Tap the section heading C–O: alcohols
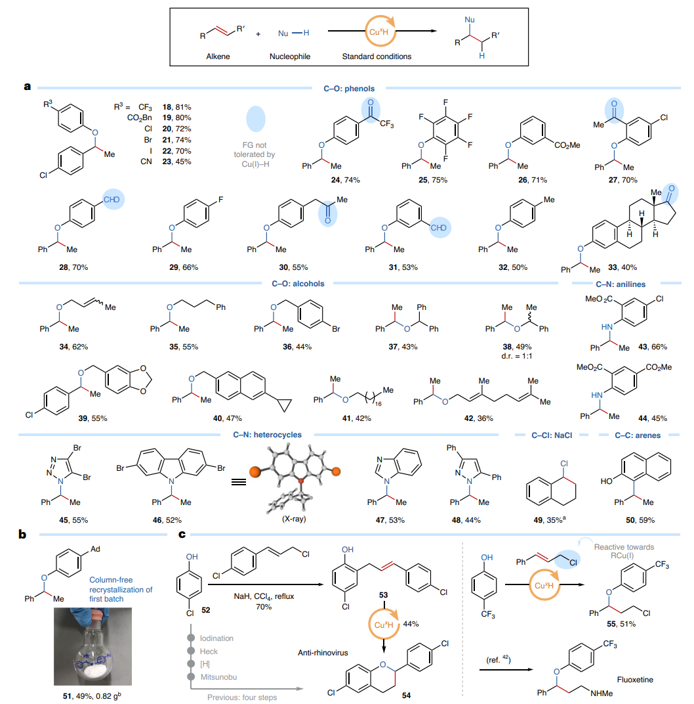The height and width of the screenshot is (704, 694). pos(298,284)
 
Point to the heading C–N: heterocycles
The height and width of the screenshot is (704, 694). pos(272,434)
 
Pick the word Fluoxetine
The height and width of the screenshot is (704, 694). pos(635,680)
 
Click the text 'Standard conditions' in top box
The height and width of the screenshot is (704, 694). pos(377,56)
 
